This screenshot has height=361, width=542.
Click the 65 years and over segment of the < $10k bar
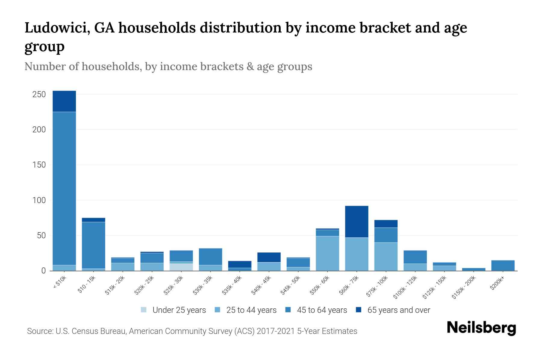point(64,101)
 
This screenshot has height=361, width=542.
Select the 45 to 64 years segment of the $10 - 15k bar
point(93,245)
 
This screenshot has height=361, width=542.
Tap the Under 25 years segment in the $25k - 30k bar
point(181,267)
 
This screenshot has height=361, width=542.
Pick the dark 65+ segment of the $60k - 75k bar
point(357,222)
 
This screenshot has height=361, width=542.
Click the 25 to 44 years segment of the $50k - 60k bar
point(327,253)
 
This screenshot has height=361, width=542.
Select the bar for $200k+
point(503,265)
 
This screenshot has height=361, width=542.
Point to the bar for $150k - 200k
point(474,269)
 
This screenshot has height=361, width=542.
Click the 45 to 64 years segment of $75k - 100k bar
point(386,235)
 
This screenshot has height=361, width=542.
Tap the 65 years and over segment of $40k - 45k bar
point(269,257)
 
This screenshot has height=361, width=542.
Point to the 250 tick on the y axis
point(39,94)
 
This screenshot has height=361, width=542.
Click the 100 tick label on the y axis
point(39,200)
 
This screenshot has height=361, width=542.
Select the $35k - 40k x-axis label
point(232,286)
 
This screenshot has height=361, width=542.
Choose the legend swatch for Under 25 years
point(144,310)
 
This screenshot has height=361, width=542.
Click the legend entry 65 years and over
point(398,310)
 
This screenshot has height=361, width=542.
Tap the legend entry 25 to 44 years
point(251,310)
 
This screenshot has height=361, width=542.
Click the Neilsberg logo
point(481,328)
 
